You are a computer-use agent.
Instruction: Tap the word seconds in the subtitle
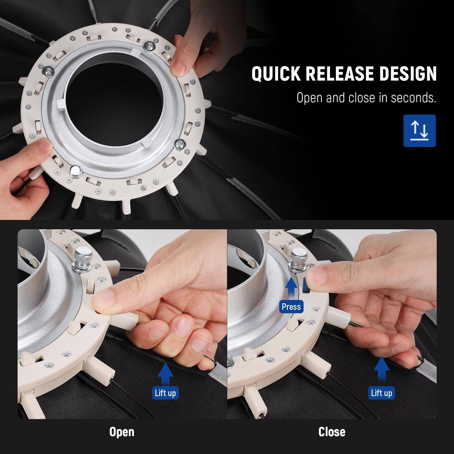tap(413, 98)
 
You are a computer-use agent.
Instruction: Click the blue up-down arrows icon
tap(419, 131)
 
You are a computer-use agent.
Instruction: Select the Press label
tap(291, 307)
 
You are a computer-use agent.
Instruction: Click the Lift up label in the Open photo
tap(165, 393)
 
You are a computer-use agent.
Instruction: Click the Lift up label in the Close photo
tap(381, 393)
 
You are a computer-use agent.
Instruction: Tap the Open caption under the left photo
tap(122, 432)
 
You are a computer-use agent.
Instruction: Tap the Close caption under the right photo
tap(332, 432)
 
